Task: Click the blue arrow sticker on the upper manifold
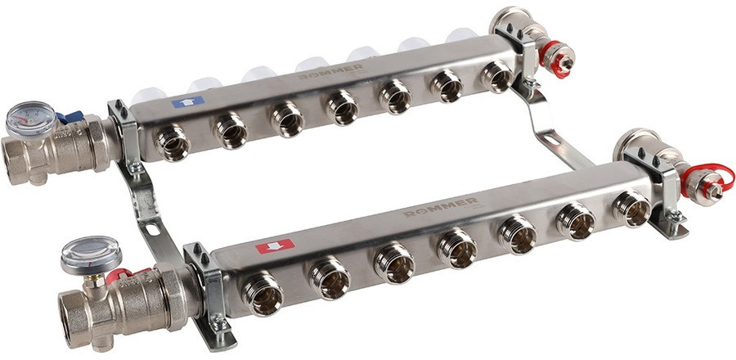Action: (x=187, y=102)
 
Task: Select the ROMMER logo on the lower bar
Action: (x=442, y=206)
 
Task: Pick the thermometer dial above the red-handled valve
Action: (x=91, y=254)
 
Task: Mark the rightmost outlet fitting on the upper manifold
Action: (x=496, y=75)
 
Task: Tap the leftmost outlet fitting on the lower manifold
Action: (x=263, y=295)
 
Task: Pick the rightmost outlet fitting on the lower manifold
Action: (x=631, y=208)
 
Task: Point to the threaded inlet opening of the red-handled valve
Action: (x=74, y=315)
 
